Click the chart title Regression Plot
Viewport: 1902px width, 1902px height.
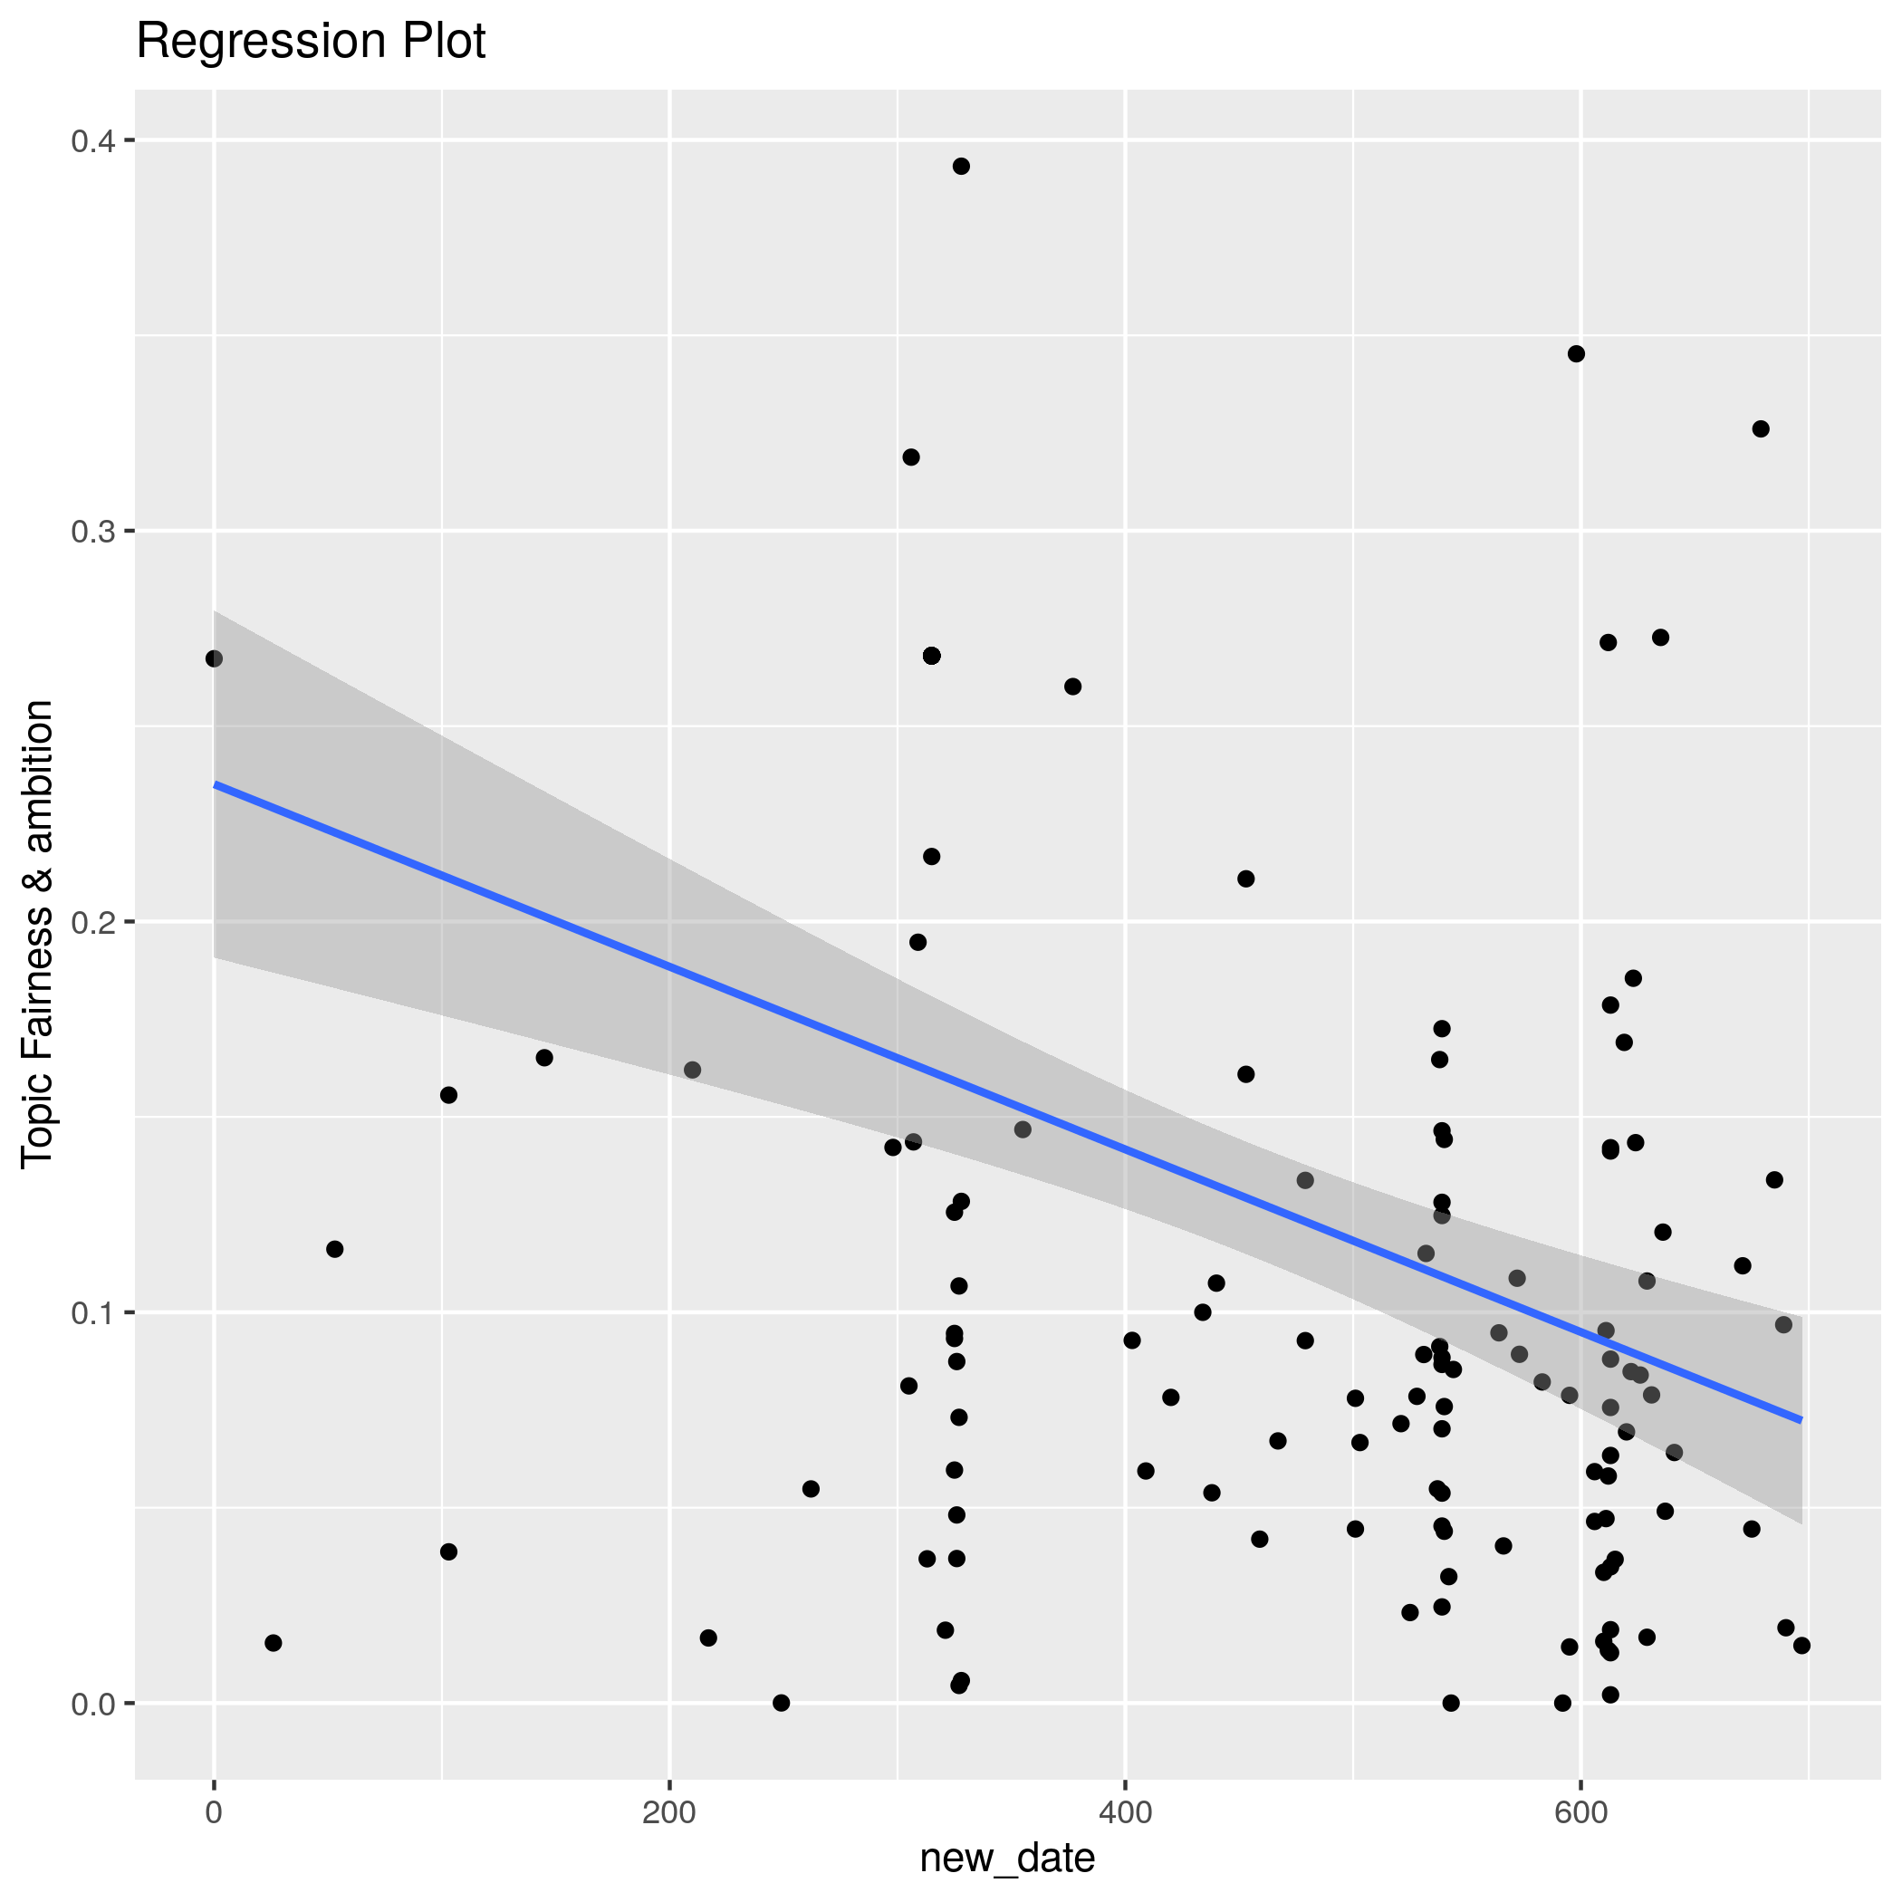[x=310, y=43]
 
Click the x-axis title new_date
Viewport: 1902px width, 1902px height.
[x=1007, y=1858]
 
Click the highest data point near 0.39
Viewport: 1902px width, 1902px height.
[x=961, y=167]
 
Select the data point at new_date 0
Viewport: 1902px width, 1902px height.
[x=214, y=658]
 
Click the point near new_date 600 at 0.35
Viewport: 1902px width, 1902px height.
[x=1576, y=354]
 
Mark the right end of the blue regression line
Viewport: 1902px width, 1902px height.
[x=1801, y=1419]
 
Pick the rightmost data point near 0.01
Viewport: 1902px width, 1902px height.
[x=1801, y=1646]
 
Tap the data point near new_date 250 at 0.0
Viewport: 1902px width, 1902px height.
[x=782, y=1703]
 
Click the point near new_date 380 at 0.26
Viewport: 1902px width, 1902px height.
[x=1073, y=687]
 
